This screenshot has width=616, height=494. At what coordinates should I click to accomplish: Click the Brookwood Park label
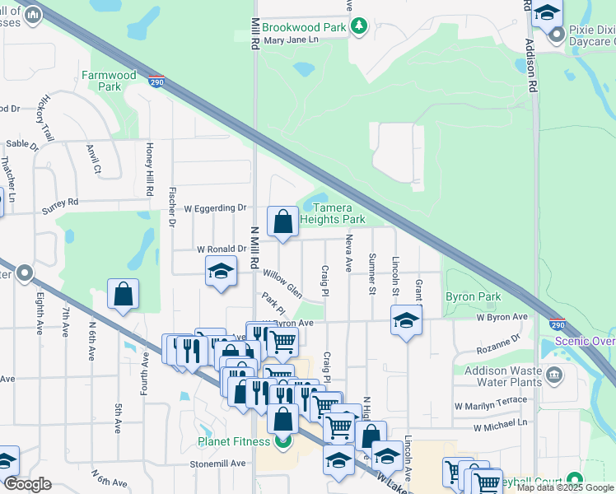[305, 27]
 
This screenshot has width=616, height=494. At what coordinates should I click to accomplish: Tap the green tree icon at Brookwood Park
[359, 27]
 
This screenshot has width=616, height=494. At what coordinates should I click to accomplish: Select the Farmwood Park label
[110, 81]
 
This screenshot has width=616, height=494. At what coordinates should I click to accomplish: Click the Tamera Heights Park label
[332, 214]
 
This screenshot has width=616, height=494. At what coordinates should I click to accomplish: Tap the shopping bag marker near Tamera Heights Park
[282, 221]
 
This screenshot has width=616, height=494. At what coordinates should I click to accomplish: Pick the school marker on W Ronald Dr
[221, 271]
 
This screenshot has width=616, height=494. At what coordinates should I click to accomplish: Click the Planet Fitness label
[234, 441]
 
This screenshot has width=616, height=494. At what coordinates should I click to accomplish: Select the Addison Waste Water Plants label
[502, 376]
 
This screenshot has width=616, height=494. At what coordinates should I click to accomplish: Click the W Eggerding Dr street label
[215, 208]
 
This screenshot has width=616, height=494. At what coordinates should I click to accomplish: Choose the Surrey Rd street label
[60, 202]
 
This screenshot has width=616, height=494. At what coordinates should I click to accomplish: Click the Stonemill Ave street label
[218, 464]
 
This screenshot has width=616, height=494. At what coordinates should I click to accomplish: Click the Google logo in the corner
[27, 484]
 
